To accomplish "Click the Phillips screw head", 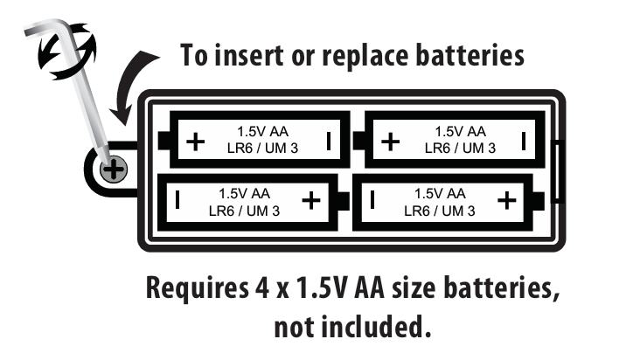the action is tap(114, 170).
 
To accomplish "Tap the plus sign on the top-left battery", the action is tap(196, 142).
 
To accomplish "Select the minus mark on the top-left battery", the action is tap(329, 141).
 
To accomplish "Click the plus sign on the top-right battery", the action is tap(391, 142).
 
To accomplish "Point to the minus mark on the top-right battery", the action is tap(524, 141).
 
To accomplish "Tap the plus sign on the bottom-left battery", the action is tap(311, 200).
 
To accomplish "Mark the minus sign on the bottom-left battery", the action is tap(177, 200).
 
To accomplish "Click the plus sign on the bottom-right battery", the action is tap(507, 200).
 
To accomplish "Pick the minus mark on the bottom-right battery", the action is tap(372, 200).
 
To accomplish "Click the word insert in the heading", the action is tap(249, 55).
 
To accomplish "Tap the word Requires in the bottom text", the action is tap(197, 288).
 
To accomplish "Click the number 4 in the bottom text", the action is tap(262, 287).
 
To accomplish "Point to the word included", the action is tap(376, 327).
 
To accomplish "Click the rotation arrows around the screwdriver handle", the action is tap(67, 51).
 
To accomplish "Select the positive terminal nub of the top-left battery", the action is tap(163, 141).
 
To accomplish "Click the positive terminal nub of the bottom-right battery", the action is tap(539, 201).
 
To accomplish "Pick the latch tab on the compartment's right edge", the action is tap(558, 171).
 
